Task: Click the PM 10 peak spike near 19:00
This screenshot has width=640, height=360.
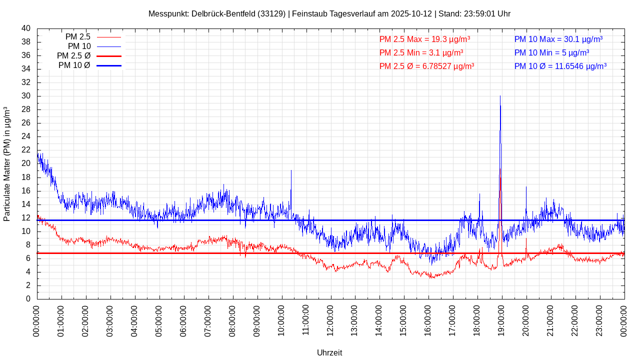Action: pos(500,97)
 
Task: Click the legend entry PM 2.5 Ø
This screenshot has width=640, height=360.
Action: pos(73,56)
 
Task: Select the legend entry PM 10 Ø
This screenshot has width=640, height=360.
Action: pos(74,65)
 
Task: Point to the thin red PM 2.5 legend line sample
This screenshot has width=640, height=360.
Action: pos(108,37)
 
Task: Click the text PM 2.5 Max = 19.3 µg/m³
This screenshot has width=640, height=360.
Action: pos(424,39)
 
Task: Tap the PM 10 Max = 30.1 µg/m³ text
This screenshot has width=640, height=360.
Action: pos(558,39)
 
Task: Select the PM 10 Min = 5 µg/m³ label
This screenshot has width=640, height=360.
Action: pos(551,52)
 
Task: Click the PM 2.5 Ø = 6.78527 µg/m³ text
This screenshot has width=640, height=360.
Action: pos(426,66)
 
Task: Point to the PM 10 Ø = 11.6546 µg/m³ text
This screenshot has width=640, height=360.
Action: pos(560,66)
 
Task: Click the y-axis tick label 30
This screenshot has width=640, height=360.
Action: pos(26,96)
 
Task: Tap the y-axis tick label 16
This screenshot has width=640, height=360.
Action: pos(26,191)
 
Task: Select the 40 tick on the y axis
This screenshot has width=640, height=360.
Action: pos(26,28)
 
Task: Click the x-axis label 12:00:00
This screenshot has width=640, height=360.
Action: pos(330,320)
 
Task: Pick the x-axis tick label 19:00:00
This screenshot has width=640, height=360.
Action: pos(501,320)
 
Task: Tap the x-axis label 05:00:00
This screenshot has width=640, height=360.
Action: pos(159,320)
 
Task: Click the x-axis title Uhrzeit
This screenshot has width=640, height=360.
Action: pos(329,352)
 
